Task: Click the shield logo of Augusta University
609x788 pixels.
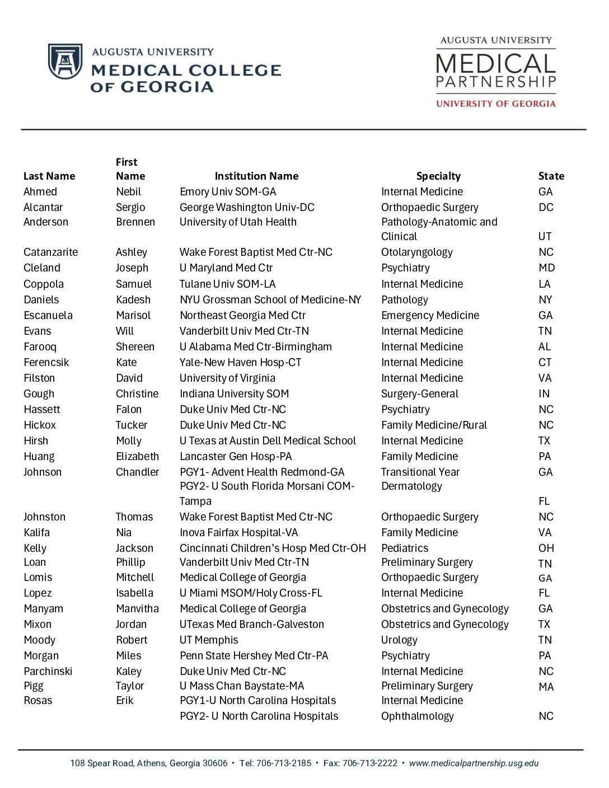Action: [65, 62]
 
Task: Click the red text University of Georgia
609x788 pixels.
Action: [495, 104]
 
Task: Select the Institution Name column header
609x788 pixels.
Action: [256, 176]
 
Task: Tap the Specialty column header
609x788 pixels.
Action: [438, 176]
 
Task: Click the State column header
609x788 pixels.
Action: [551, 176]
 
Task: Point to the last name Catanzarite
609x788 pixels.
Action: [50, 252]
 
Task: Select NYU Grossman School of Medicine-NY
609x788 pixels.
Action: [270, 300]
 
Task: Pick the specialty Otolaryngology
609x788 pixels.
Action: [417, 252]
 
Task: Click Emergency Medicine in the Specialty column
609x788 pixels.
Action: [430, 316]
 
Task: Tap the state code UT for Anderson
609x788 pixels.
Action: [545, 236]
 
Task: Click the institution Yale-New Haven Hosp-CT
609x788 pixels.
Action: [240, 363]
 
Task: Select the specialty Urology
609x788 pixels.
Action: [399, 640]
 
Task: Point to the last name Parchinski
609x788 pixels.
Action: [48, 672]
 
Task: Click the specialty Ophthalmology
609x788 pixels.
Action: [417, 716]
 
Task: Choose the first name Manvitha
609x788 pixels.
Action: [137, 609]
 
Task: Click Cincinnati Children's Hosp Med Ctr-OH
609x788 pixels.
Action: [273, 548]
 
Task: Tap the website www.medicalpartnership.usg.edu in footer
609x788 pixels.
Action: [474, 763]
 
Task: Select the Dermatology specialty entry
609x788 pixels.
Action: [411, 486]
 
